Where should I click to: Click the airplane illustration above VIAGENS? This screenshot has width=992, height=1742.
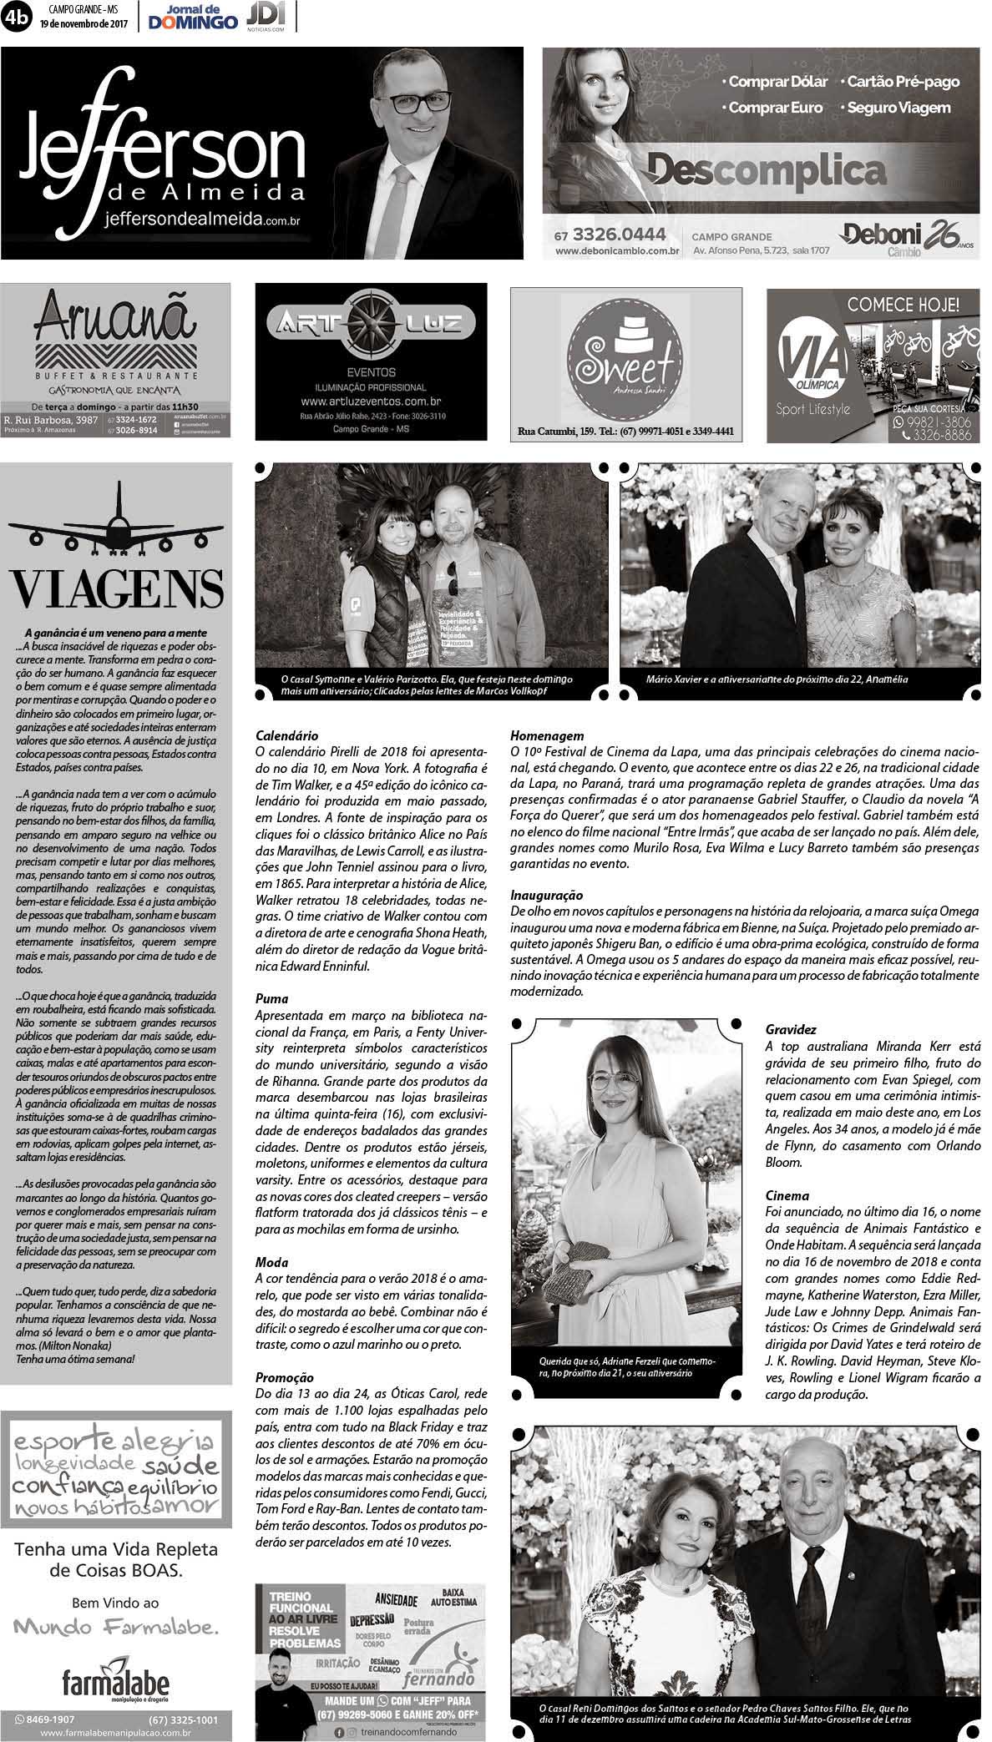[116, 525]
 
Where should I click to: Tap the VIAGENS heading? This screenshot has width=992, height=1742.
[116, 588]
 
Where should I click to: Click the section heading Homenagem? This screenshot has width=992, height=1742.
[546, 736]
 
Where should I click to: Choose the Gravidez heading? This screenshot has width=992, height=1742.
[791, 1030]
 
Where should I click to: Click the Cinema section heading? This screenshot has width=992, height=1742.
[787, 1196]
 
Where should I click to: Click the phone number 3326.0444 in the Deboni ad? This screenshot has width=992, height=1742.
[620, 235]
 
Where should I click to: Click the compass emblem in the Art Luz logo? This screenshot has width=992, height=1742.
[370, 321]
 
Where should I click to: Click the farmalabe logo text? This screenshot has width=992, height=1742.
[116, 1659]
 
